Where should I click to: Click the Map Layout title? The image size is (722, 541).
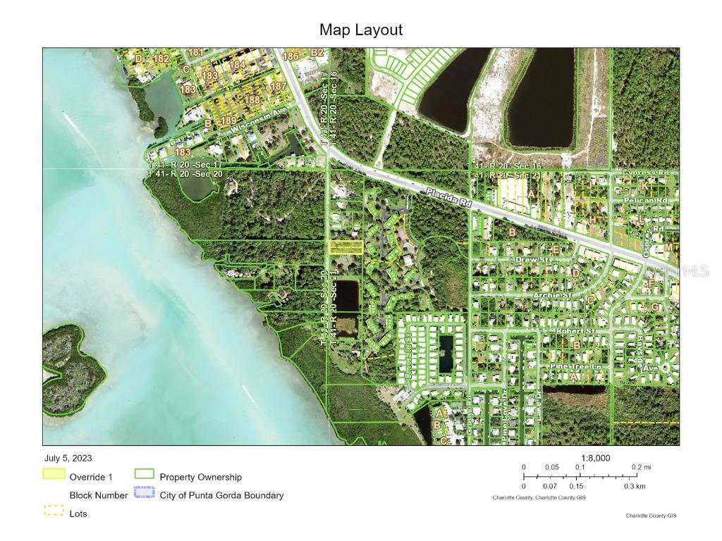360,30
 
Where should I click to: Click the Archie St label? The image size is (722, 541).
552,296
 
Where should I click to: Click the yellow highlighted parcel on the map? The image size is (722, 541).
346,247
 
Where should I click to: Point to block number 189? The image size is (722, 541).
228,121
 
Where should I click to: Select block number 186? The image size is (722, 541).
290,56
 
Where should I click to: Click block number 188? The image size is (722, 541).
252,100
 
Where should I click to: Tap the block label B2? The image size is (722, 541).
317,53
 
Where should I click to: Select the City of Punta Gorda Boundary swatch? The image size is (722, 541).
144,495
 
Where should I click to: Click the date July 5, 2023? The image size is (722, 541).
68,459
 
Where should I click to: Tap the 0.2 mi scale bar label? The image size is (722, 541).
641,467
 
